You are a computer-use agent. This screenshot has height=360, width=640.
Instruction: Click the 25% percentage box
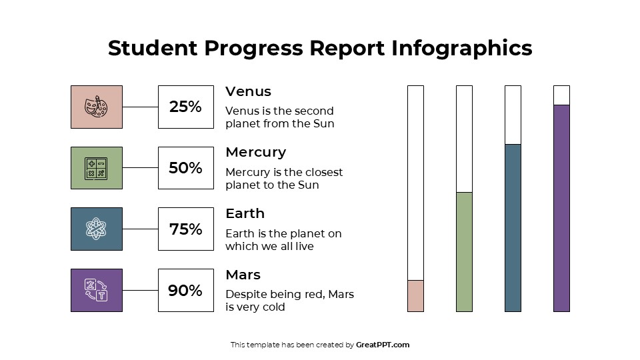click(185, 107)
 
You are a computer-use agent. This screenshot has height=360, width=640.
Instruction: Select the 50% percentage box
click(185, 168)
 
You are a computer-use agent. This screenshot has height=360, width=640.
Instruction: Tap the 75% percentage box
click(185, 229)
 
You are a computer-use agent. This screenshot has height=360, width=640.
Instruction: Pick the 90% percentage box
click(185, 291)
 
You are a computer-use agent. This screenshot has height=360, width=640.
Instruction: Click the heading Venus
click(248, 91)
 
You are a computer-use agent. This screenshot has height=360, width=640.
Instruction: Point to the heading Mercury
click(255, 152)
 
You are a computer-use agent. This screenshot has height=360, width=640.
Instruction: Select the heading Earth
click(245, 213)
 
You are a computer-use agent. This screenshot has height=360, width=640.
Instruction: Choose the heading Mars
click(243, 275)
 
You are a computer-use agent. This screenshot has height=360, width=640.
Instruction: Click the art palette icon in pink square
click(96, 107)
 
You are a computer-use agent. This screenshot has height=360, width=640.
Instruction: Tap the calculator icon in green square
click(96, 168)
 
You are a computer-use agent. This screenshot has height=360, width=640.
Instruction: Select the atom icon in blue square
click(96, 229)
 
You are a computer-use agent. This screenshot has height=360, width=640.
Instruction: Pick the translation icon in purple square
click(96, 291)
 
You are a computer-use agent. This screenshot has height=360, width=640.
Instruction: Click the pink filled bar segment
click(415, 295)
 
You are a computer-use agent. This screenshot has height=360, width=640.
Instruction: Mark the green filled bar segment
click(464, 251)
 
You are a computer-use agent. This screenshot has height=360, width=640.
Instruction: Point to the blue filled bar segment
click(513, 227)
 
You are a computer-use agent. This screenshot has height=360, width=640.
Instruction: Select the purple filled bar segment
click(561, 207)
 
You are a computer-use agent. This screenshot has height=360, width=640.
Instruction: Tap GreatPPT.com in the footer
click(383, 345)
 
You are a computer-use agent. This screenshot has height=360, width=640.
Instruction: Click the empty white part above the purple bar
click(561, 95)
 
